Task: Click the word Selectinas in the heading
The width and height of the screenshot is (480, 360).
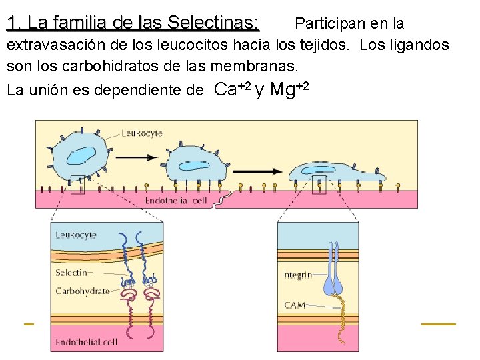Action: click(x=213, y=23)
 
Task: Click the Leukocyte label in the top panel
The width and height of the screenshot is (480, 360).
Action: click(x=141, y=133)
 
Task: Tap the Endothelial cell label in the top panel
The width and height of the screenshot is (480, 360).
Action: click(x=176, y=200)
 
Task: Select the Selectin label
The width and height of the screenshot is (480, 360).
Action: click(x=71, y=272)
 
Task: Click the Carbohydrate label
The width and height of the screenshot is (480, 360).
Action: click(x=82, y=291)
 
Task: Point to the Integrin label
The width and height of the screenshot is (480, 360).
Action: click(x=296, y=274)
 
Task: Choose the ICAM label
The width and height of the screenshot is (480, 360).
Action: click(x=293, y=305)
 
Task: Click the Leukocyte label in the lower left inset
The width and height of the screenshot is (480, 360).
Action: click(x=75, y=235)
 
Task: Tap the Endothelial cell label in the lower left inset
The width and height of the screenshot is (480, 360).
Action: click(x=86, y=342)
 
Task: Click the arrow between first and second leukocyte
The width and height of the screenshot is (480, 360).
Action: click(x=137, y=157)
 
